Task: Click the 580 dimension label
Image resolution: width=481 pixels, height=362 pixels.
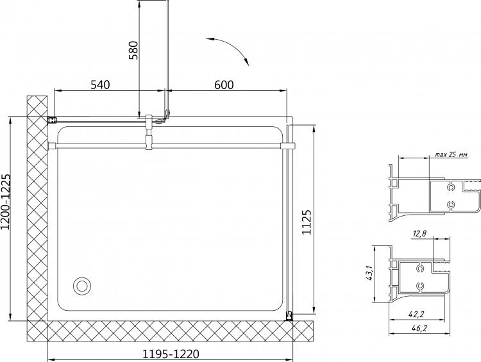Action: [x=133, y=50]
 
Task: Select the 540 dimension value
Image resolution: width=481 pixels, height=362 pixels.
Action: [x=100, y=85]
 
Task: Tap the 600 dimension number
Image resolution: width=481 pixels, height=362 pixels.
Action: [x=224, y=85]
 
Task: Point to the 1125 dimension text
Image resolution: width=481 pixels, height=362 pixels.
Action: [x=307, y=222]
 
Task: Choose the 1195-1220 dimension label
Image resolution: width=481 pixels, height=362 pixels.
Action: [x=171, y=354]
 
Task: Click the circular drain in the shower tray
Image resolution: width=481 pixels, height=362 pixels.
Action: [x=82, y=286]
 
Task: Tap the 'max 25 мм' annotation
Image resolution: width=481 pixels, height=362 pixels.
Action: [x=451, y=154]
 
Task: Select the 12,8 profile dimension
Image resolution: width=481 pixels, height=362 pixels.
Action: [x=419, y=234]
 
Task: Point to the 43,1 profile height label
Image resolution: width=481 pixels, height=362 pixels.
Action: [x=369, y=273]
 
